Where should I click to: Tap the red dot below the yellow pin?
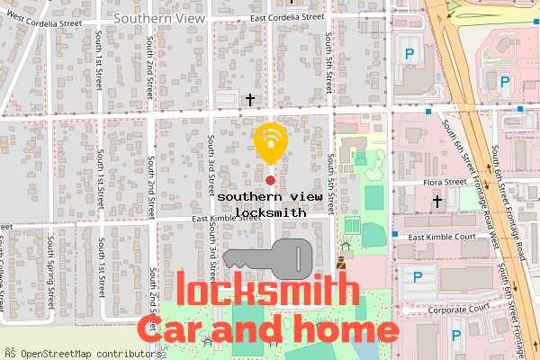coord(270,181)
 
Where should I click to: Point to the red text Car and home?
coord(266,328)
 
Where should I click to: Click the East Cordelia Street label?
coord(286,16)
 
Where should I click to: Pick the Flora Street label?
coord(444,182)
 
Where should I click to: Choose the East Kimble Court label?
coord(442,238)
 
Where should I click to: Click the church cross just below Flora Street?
coord(437,202)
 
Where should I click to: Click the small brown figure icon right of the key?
coord(341,264)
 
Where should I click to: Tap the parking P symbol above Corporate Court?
coord(417,277)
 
